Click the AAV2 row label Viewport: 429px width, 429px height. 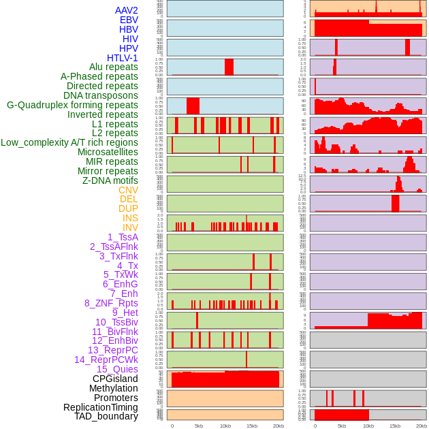click(x=127, y=10)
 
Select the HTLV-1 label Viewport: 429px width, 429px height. click(x=123, y=58)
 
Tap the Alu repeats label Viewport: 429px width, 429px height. click(x=114, y=67)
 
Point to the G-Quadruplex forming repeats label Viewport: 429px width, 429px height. click(x=72, y=105)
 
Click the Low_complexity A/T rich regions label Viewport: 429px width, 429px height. click(x=69, y=142)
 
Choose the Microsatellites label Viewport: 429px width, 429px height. click(x=108, y=152)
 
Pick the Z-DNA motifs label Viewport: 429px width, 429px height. click(x=110, y=180)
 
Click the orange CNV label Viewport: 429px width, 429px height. click(x=128, y=190)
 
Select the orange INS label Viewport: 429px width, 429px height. click(x=129, y=218)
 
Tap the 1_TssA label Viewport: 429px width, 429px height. click(x=123, y=237)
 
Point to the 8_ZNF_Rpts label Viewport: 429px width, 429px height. click(x=111, y=303)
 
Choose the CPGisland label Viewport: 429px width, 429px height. click(x=115, y=379)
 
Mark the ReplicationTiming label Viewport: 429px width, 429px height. click(x=101, y=407)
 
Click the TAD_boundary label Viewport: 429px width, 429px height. click(x=106, y=416)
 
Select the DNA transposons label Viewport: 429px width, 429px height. click(x=101, y=95)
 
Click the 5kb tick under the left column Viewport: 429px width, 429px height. click(x=199, y=426)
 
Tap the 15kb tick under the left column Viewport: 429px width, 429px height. click(x=252, y=426)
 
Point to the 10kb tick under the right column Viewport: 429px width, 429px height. click(x=368, y=426)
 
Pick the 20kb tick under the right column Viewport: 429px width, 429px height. click(x=422, y=426)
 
